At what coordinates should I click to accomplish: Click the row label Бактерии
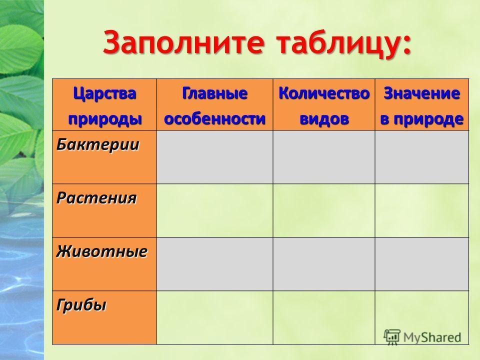pos(97,144)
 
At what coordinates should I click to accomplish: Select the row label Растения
pos(96,198)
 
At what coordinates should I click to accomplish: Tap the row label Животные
pos(102,251)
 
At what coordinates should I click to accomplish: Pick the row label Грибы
pos(81,305)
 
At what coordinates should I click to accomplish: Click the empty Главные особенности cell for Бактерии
pos(214,157)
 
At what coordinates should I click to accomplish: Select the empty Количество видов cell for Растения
pos(324,210)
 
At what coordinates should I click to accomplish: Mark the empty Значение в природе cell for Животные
pos(422,264)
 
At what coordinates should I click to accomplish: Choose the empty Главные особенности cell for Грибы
pos(214,317)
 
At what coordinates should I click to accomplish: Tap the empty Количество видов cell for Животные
pos(324,264)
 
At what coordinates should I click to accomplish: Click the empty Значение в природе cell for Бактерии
pos(422,157)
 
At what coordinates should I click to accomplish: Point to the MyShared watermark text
pos(432,337)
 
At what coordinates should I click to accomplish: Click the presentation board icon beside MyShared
pos(392,336)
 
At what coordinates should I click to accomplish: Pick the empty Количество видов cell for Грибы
pos(324,317)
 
